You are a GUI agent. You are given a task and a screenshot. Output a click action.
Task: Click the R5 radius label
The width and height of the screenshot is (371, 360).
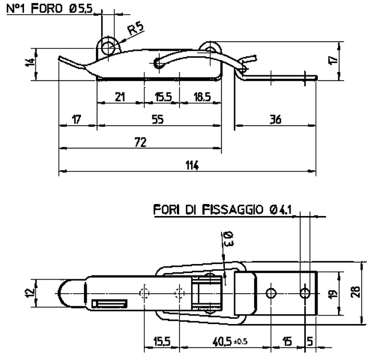(136, 28)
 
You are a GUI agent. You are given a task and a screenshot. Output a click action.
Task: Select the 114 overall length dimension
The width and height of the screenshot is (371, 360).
(192, 165)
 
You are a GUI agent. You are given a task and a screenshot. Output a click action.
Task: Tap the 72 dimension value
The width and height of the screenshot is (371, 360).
(140, 142)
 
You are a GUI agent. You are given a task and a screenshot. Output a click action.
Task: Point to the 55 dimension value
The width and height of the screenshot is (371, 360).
(158, 119)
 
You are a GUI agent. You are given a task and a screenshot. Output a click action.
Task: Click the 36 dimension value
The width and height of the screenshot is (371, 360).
(276, 119)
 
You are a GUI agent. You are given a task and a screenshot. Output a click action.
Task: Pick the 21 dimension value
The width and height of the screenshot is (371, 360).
(120, 97)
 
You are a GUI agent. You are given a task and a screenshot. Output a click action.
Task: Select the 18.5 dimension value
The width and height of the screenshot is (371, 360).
(202, 97)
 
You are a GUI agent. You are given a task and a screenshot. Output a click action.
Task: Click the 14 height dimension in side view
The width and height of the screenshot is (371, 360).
(30, 63)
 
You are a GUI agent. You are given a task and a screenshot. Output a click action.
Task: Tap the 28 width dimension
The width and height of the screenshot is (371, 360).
(356, 292)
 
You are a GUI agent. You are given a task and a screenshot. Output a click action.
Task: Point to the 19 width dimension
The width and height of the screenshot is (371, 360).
(333, 294)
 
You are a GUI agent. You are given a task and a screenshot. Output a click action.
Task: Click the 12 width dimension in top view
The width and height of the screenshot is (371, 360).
(30, 294)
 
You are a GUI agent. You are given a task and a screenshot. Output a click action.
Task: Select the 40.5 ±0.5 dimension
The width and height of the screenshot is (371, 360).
(230, 342)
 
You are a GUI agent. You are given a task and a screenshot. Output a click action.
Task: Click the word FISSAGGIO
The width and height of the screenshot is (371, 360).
(232, 210)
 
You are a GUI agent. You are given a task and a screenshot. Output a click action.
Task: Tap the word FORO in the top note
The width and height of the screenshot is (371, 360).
(47, 9)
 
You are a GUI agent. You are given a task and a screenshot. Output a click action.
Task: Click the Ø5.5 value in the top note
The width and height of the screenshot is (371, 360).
(80, 9)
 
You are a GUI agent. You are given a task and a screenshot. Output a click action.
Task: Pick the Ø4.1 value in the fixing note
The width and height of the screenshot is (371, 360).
(281, 210)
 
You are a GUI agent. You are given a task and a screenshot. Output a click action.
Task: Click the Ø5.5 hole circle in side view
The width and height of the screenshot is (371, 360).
(108, 47)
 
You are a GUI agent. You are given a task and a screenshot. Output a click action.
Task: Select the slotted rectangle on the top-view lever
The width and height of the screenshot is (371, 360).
(110, 303)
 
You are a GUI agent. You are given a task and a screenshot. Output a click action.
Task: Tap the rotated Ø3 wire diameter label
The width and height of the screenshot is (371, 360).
(229, 239)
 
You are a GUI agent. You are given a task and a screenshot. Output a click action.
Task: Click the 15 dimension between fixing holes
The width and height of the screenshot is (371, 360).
(287, 342)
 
